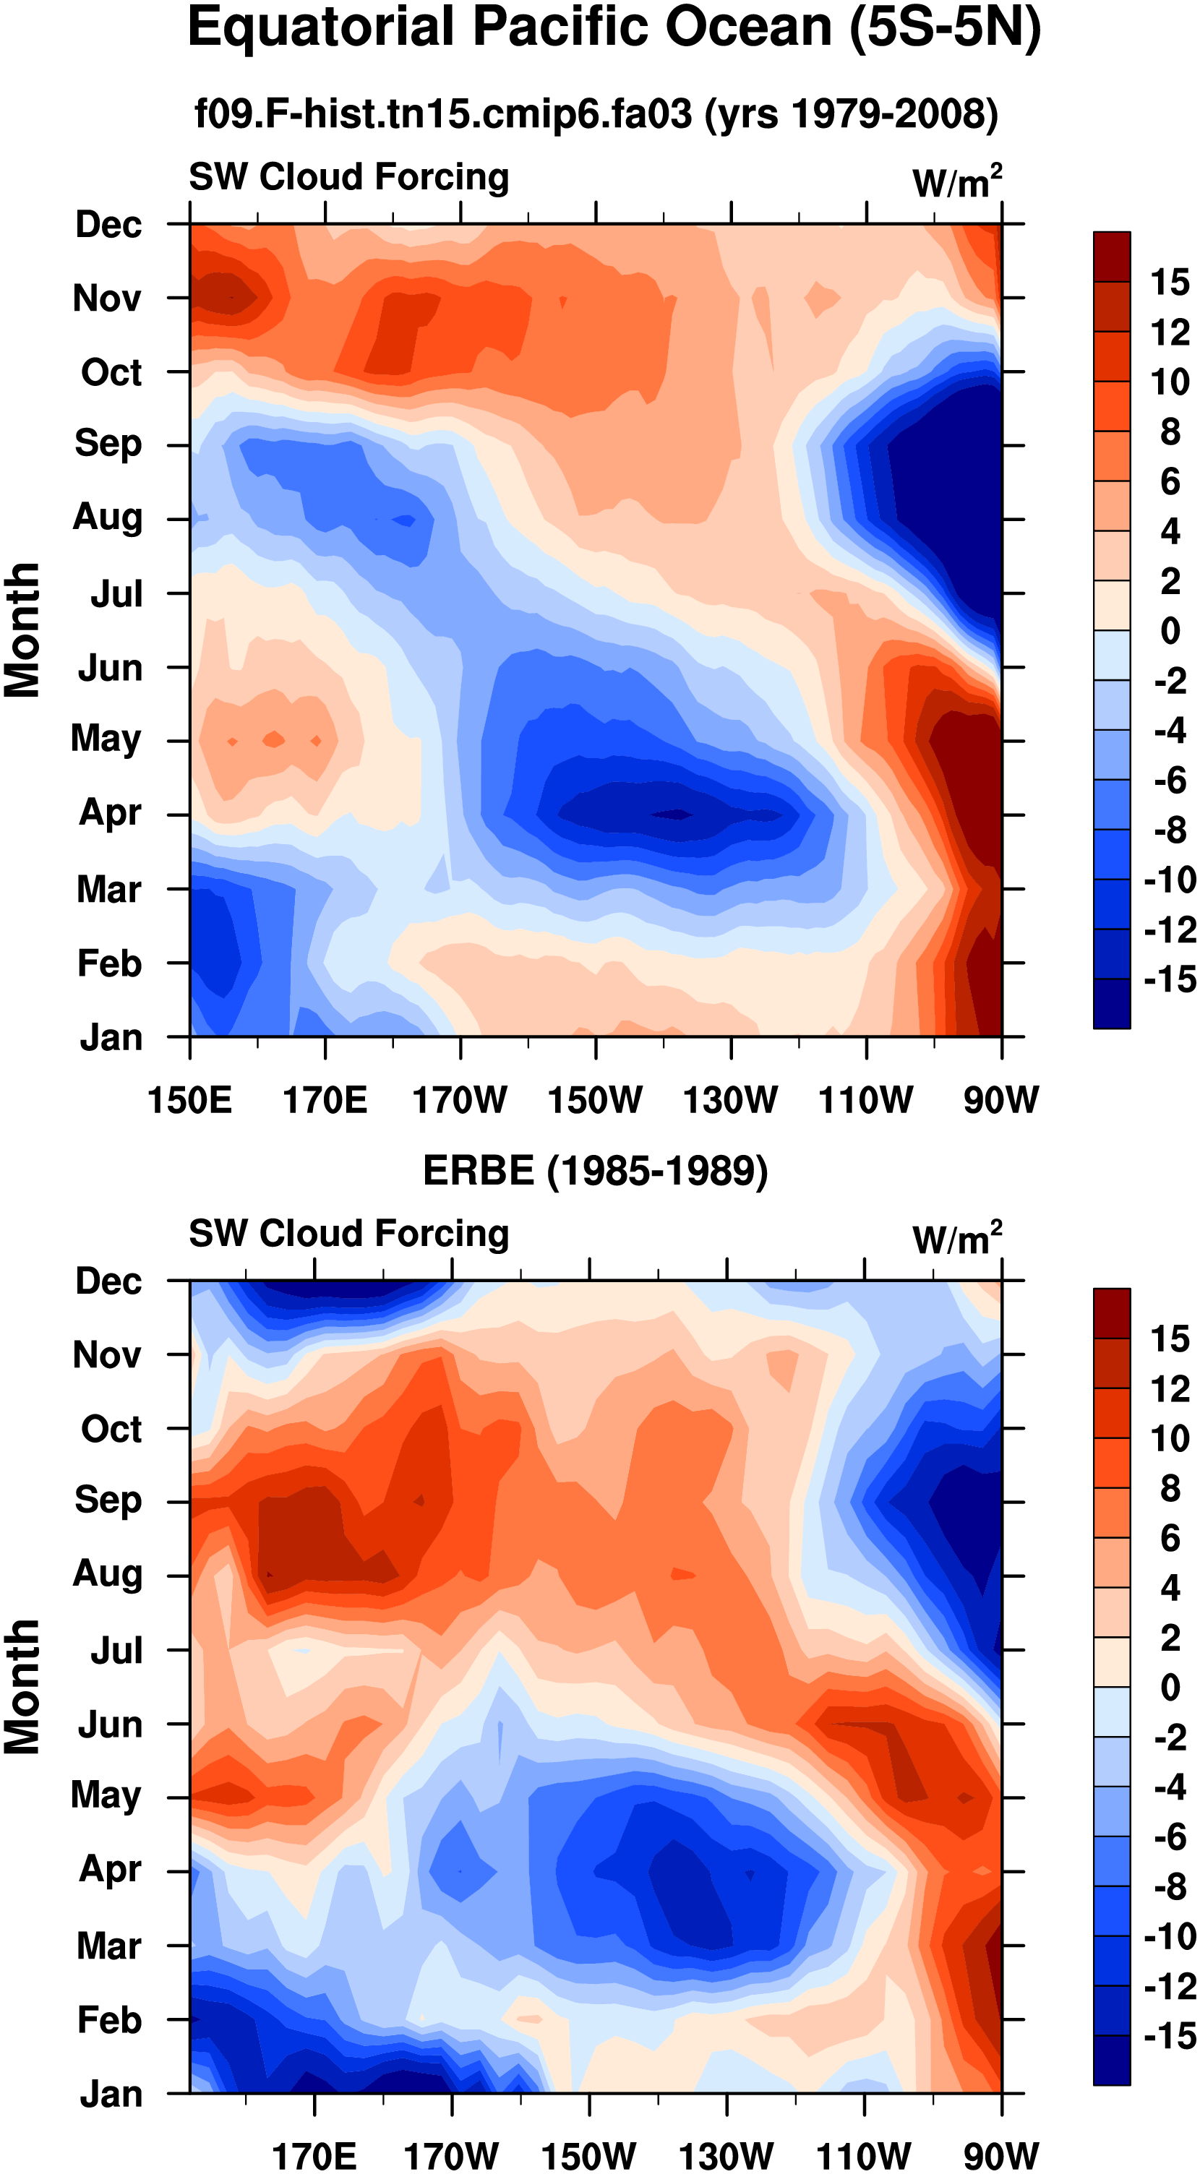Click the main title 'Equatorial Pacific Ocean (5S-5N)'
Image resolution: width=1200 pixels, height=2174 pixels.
tap(614, 29)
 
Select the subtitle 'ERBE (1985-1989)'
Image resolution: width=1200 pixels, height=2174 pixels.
tap(595, 1172)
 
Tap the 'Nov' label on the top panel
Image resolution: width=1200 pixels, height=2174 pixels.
tap(107, 298)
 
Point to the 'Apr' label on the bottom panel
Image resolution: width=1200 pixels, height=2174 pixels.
tap(110, 1869)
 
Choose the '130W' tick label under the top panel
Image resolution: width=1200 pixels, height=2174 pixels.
tap(730, 1101)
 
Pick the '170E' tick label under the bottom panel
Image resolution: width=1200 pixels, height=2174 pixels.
tap(314, 2155)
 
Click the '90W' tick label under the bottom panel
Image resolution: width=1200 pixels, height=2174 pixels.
tap(1001, 2155)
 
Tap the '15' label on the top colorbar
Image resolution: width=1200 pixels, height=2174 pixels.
tap(1169, 283)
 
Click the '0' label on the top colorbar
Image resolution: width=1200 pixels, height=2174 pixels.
tap(1169, 631)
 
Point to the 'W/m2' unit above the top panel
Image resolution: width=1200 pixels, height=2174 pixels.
tap(957, 181)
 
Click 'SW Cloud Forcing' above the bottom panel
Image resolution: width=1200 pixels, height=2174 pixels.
tap(348, 1233)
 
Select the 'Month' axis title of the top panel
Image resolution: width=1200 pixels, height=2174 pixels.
tap(23, 630)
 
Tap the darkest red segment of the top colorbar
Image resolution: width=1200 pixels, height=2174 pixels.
tap(1111, 257)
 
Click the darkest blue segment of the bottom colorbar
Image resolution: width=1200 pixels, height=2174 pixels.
tap(1111, 2060)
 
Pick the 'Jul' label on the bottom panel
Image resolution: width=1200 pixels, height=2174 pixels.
tap(116, 1651)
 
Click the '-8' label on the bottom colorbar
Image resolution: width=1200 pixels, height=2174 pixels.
tap(1169, 1887)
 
